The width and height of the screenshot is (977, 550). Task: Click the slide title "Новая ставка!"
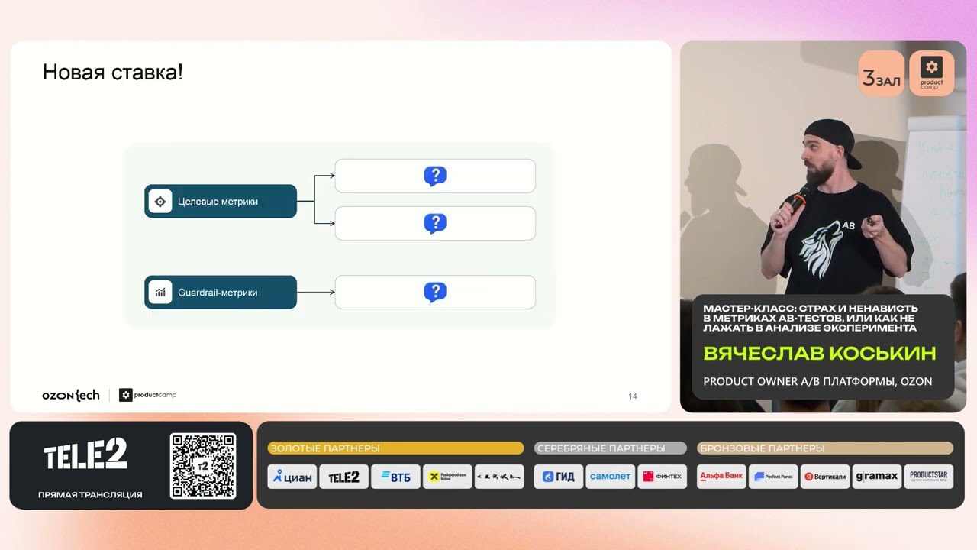112,73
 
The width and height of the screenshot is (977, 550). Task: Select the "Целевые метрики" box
221,202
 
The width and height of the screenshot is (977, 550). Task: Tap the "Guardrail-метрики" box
221,293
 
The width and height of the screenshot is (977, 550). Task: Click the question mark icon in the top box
435,176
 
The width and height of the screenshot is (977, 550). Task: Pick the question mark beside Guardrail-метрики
435,292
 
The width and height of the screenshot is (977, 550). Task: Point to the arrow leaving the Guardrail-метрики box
315,293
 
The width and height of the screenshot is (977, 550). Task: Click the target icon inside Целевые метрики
160,202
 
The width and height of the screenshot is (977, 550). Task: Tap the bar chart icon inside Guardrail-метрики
160,293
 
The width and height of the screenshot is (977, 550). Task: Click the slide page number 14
633,396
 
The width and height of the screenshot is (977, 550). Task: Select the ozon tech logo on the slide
71,395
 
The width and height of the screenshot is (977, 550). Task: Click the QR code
203,466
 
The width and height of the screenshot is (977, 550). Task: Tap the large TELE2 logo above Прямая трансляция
85,455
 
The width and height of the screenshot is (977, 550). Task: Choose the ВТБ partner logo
395,477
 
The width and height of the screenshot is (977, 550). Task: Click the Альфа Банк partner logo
721,476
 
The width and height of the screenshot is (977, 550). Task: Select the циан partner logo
292,477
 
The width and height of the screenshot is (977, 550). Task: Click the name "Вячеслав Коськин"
819,354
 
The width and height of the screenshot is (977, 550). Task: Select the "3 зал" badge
882,75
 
